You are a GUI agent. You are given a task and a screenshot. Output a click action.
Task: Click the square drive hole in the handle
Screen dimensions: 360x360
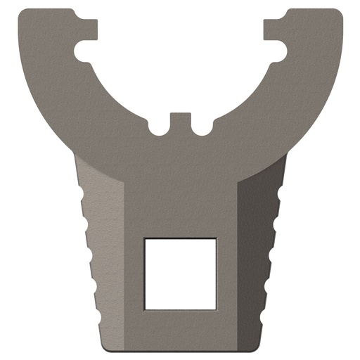180,274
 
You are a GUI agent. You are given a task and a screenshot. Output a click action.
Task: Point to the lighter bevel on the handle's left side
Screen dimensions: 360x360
105,260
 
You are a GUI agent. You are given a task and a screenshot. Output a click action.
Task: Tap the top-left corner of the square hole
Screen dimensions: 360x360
145,239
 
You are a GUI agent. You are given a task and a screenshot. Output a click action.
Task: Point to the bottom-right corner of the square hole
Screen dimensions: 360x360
215,308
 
